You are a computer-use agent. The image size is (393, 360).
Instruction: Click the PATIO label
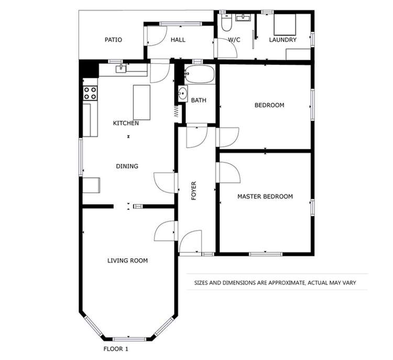tap(113, 40)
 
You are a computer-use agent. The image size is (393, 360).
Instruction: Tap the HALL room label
tap(178, 40)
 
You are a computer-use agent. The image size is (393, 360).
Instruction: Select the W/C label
tap(234, 40)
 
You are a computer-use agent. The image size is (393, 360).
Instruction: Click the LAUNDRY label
tap(282, 40)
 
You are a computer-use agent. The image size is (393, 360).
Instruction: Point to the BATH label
tap(198, 100)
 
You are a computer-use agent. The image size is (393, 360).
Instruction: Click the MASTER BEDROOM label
tap(265, 197)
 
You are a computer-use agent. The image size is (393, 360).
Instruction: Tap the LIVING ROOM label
tap(127, 260)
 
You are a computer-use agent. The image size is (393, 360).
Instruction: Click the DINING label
tap(127, 166)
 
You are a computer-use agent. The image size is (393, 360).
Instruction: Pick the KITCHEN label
tap(126, 123)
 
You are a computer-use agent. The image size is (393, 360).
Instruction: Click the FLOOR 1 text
tap(116, 348)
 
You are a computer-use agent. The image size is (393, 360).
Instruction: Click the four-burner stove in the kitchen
tap(90, 93)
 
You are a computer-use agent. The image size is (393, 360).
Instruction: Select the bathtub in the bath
tap(199, 75)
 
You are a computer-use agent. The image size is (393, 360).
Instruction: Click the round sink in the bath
tap(182, 94)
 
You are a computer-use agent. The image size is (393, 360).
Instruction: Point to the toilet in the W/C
tap(226, 23)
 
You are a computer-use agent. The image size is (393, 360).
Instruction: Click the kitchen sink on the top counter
tap(121, 67)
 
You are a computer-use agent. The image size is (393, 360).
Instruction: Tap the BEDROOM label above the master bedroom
tap(269, 105)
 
